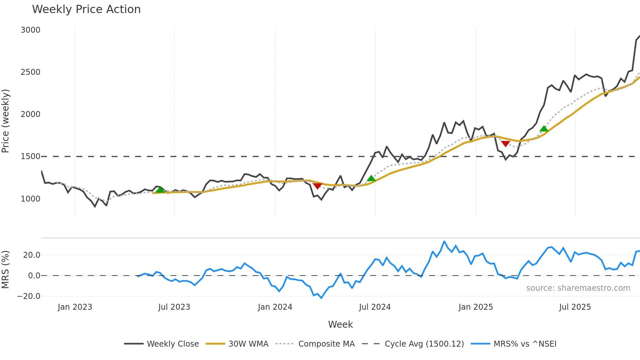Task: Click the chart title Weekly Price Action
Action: [x=86, y=9]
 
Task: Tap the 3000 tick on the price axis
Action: [x=30, y=30]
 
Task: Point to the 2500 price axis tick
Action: [x=30, y=72]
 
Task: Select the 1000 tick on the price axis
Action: [x=30, y=199]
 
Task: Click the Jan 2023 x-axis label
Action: [x=75, y=307]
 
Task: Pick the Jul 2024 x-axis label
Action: [x=375, y=307]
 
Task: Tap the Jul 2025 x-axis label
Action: [x=575, y=307]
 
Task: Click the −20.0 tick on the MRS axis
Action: [x=29, y=296]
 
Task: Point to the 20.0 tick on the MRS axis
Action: [x=32, y=255]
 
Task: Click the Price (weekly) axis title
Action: [x=6, y=121]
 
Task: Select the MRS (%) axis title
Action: [x=6, y=270]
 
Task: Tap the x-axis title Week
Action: [x=340, y=324]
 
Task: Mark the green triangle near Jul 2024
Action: [x=371, y=178]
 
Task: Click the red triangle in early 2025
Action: [x=505, y=144]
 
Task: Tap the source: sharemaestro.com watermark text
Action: [x=578, y=288]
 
